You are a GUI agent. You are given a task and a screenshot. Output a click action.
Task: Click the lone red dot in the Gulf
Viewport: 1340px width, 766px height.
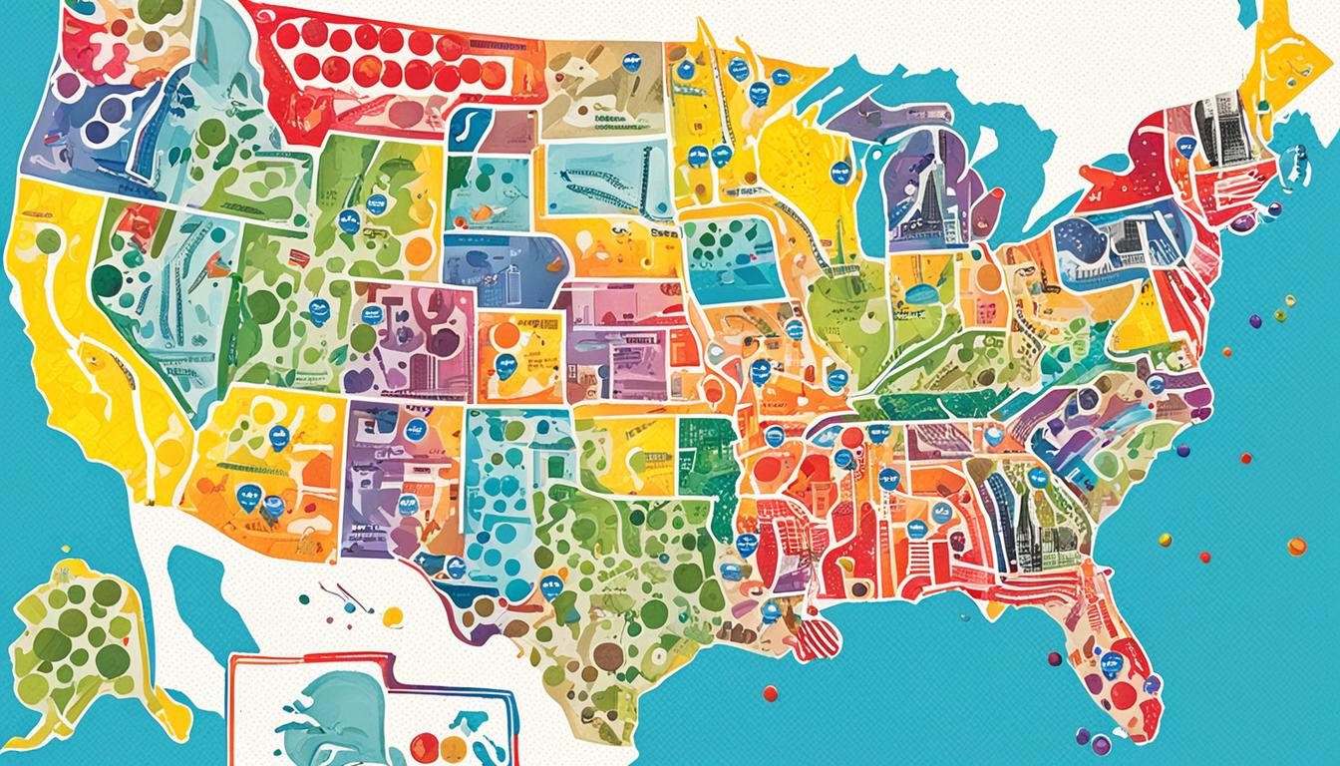770,692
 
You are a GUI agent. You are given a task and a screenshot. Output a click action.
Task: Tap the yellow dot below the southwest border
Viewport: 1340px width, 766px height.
393,616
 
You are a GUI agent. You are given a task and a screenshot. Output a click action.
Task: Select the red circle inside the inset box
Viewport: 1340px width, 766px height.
426,746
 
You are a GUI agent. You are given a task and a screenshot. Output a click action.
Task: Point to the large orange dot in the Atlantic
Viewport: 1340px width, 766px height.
1296,546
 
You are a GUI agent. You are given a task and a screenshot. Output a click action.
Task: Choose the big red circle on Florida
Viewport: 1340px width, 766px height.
1124,695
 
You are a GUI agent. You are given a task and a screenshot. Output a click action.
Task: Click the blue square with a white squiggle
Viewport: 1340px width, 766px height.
469,131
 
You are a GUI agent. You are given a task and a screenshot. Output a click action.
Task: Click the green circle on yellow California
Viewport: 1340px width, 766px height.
47,239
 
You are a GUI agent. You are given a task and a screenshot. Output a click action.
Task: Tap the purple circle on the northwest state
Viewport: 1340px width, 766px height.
69,87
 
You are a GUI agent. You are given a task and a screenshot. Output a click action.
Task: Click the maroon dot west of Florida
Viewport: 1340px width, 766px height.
1055,658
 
